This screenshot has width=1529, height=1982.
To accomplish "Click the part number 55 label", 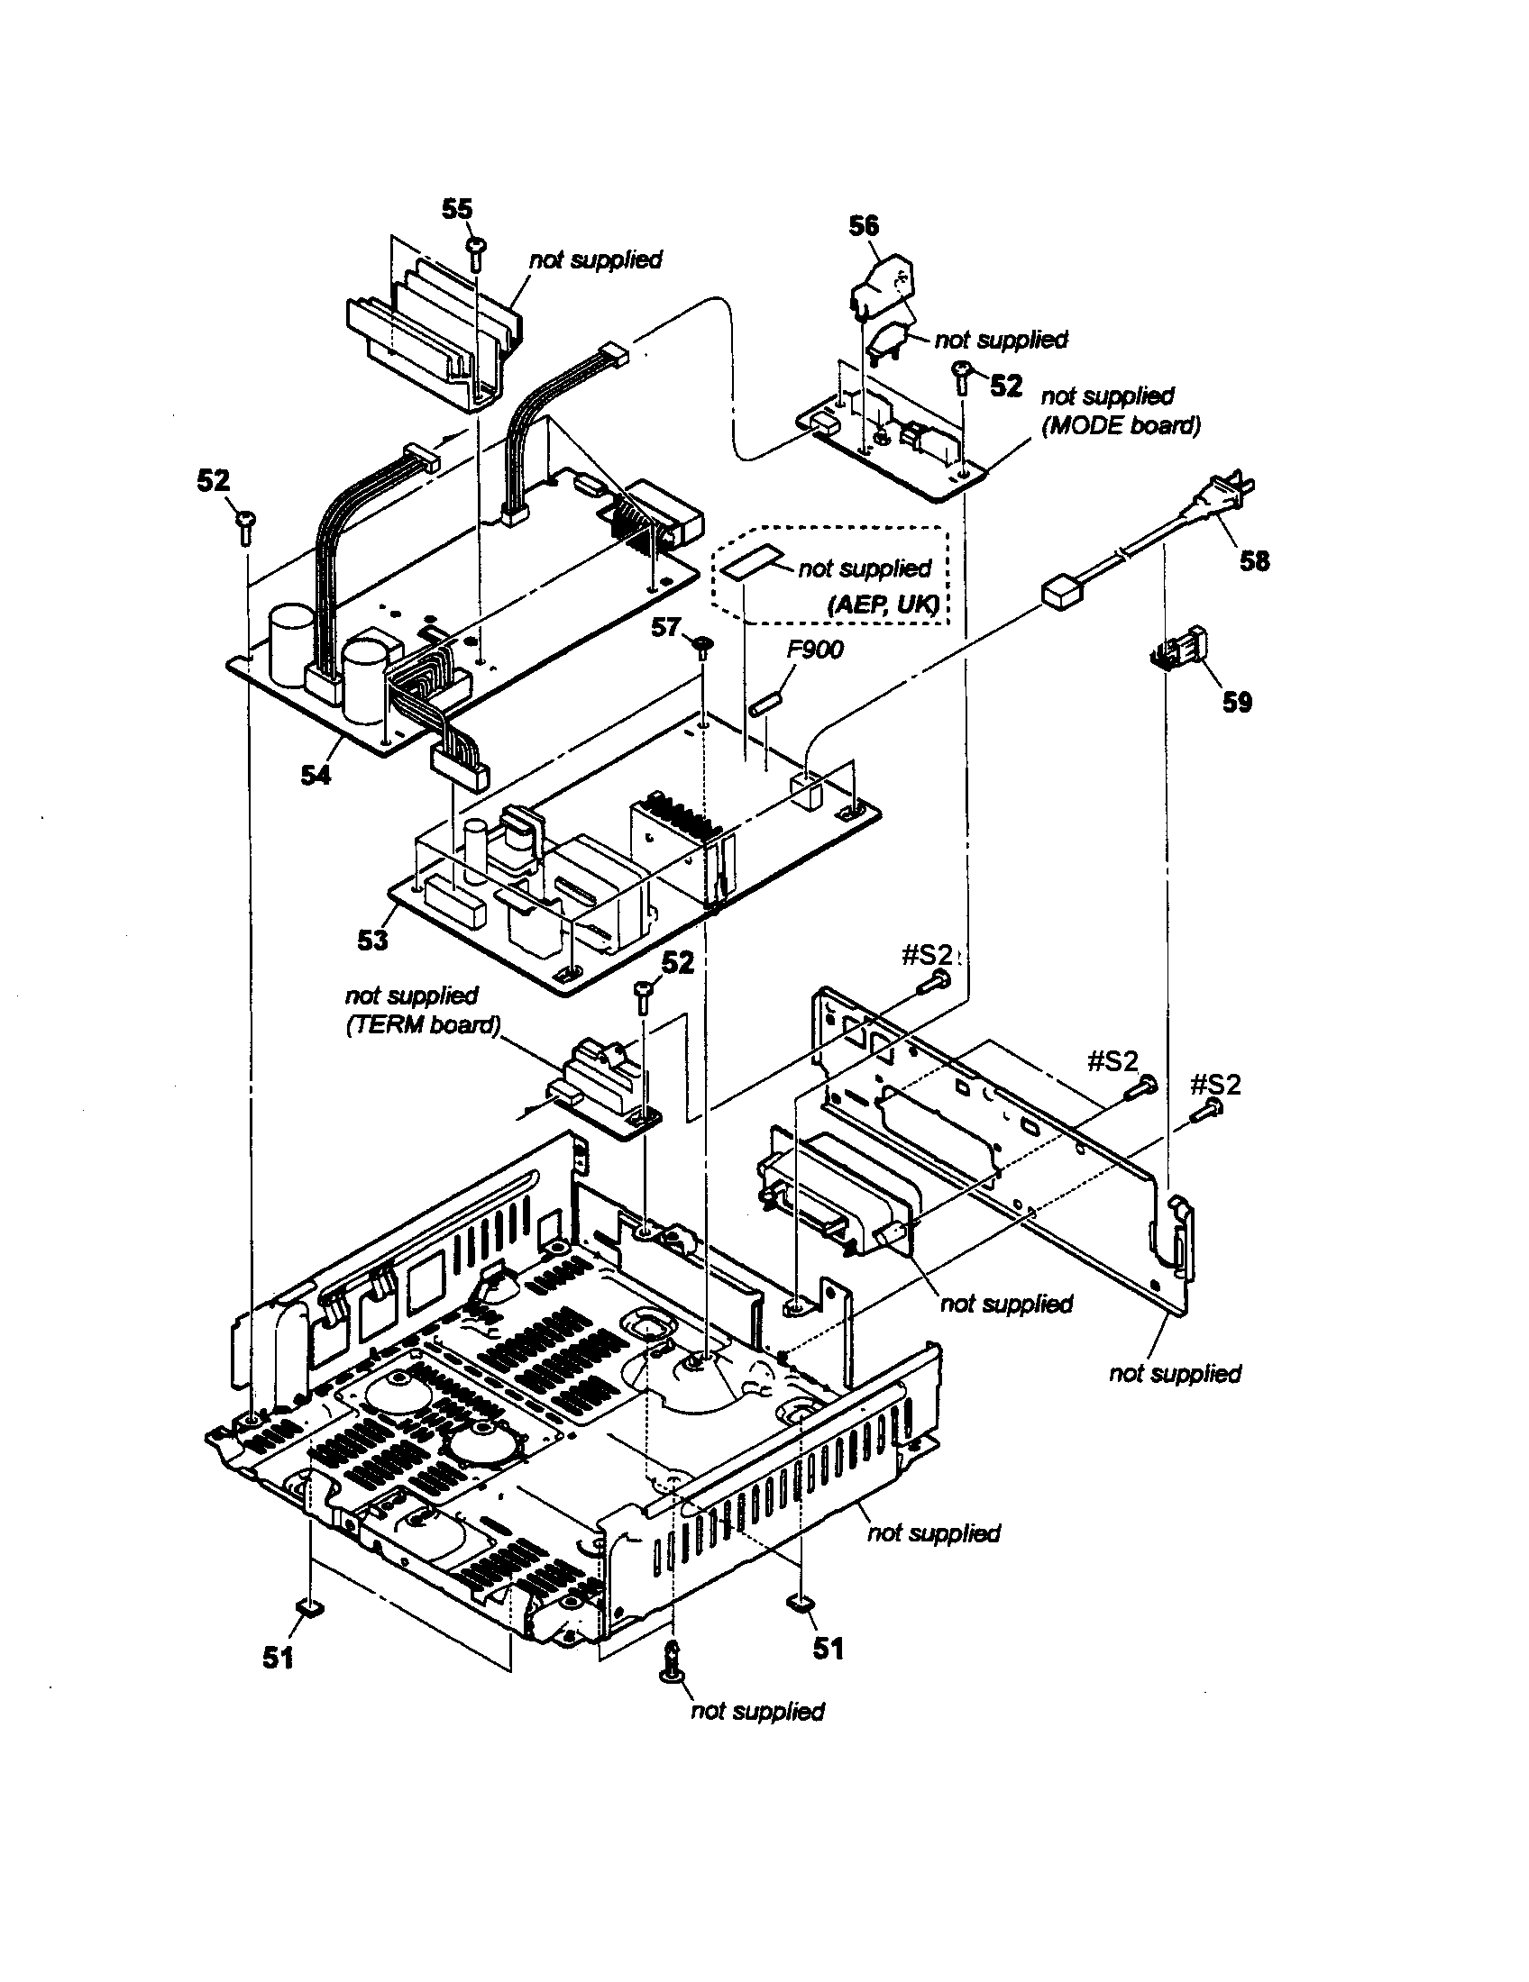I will point(457,209).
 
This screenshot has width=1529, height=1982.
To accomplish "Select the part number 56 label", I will point(864,225).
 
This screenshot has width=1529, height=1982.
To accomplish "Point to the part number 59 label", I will point(1237,702).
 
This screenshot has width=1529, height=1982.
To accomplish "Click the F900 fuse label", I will point(815,649).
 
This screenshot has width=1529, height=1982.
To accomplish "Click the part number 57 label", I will point(664,627).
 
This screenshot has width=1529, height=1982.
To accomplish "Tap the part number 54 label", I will point(316,776).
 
